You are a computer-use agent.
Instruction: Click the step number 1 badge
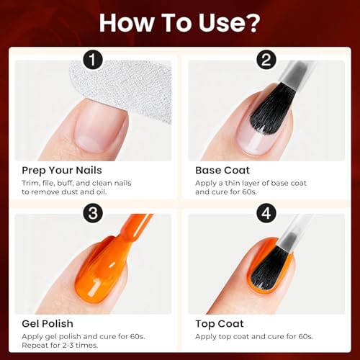[x=93, y=60]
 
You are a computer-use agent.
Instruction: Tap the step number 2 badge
[x=266, y=60]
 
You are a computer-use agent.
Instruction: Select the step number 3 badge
[x=93, y=213]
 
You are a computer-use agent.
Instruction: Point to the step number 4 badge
[x=266, y=213]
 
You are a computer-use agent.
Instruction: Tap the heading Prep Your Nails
[x=62, y=171]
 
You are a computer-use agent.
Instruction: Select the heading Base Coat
[x=222, y=171]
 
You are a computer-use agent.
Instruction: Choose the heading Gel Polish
[x=48, y=324]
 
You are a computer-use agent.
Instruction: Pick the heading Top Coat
[x=220, y=324]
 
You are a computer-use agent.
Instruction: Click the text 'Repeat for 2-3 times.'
[x=60, y=346]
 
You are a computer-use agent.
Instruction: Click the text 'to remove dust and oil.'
[x=64, y=192]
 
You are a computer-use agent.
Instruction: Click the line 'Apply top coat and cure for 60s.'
[x=254, y=337]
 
